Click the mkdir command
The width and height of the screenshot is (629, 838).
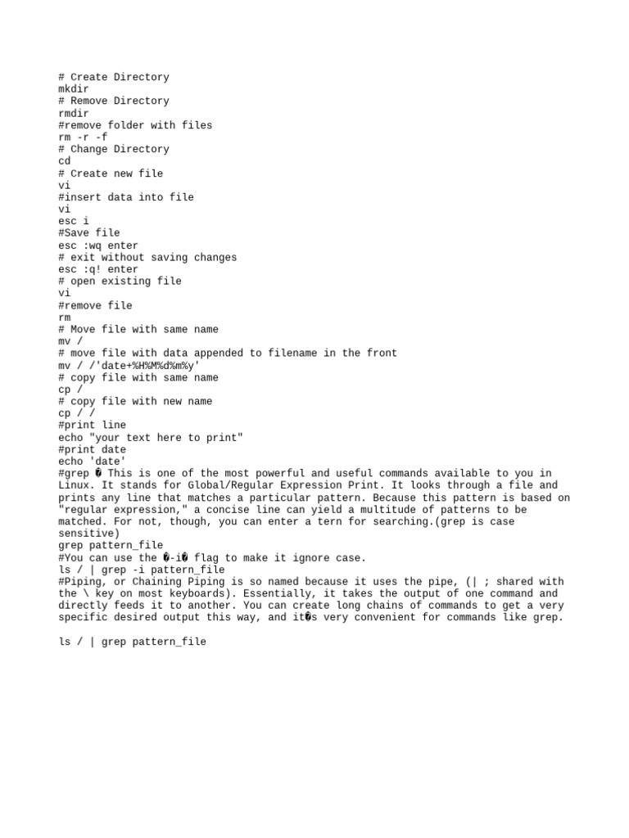[x=74, y=89]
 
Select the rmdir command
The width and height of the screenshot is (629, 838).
[x=74, y=113]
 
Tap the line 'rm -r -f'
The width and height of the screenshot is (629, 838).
[x=83, y=137]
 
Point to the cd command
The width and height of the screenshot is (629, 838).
[x=65, y=161]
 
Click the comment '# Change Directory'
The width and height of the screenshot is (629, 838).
[x=114, y=149]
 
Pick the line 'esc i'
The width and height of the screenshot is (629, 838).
[x=74, y=221]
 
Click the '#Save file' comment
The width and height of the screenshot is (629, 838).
[x=89, y=233]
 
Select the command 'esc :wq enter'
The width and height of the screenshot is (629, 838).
[x=98, y=246]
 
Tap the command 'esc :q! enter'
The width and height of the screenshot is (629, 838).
[x=98, y=269]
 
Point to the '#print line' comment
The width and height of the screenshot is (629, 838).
[x=93, y=426]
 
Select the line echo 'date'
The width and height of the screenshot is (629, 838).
[x=93, y=462]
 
